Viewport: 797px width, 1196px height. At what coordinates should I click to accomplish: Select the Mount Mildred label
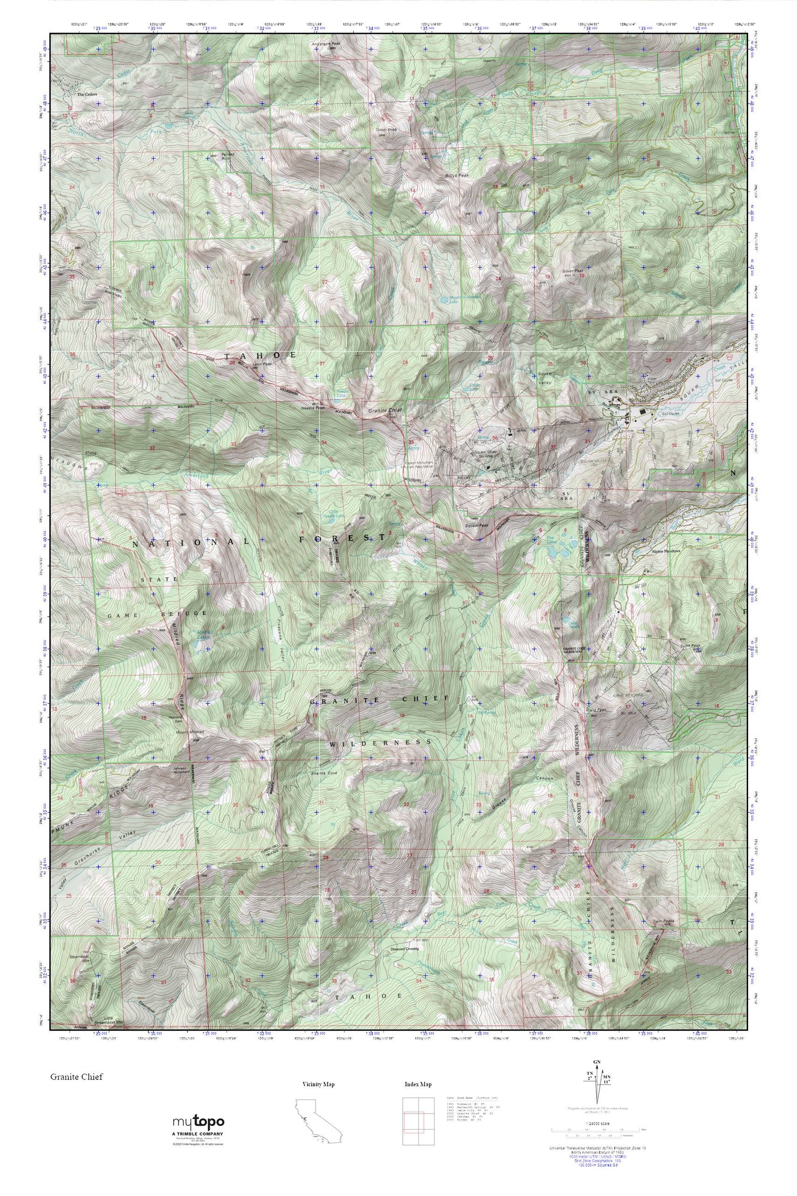[x=189, y=732]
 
